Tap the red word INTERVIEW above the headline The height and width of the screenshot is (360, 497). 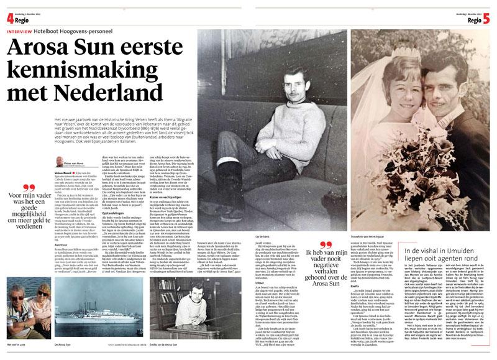click(x=18, y=30)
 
